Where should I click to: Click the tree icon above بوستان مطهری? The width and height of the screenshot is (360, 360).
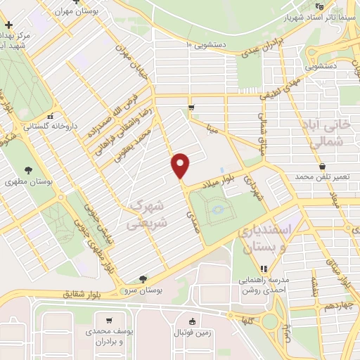click(x=27, y=170)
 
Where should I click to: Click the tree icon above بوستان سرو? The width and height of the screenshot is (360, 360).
click(x=143, y=278)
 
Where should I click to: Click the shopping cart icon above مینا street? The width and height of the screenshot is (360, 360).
click(x=191, y=107)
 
